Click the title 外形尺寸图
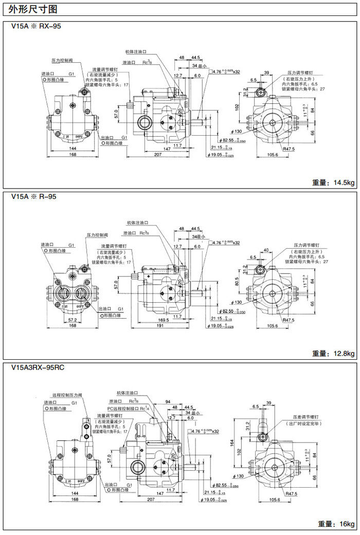(29, 9)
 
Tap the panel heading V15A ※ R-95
(33, 196)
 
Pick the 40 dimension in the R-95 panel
(266, 250)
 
